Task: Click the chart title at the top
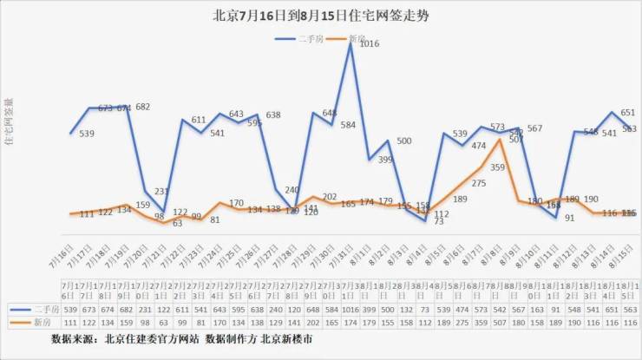320,16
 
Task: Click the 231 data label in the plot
161,192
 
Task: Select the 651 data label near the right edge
628,113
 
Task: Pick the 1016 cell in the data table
350,308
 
